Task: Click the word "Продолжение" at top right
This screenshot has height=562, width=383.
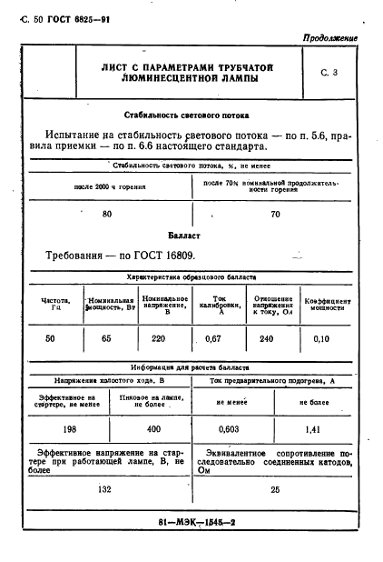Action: (328, 39)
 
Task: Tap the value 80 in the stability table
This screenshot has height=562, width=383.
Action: (107, 214)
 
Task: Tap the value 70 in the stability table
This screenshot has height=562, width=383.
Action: (275, 215)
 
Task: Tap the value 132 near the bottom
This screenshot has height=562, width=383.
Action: (107, 488)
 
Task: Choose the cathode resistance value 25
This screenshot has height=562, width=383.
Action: (275, 488)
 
